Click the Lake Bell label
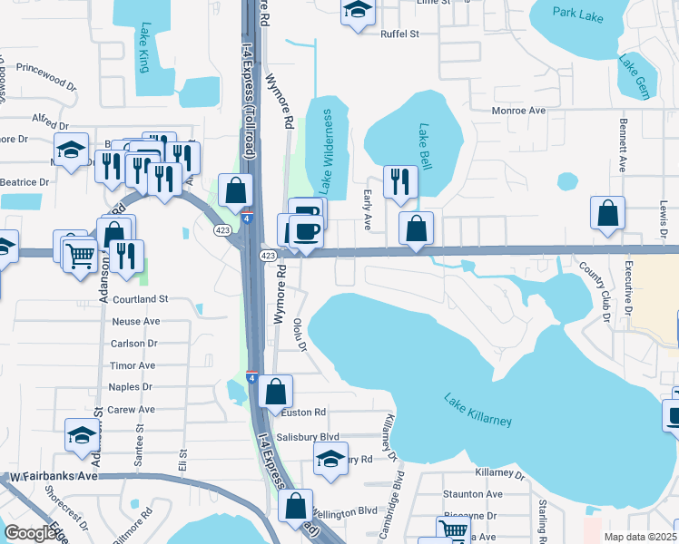(425, 145)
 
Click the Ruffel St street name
(399, 35)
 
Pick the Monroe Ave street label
(517, 111)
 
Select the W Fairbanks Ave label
(54, 476)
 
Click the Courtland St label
(140, 299)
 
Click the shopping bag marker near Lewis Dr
(607, 213)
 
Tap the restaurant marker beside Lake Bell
(399, 181)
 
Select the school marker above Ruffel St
(358, 11)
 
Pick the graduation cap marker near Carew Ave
(82, 434)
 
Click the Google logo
(30, 534)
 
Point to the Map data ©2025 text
(640, 537)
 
